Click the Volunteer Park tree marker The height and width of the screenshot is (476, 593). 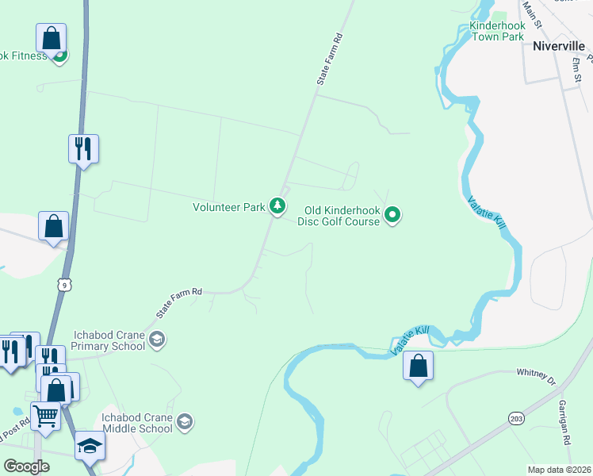(x=277, y=206)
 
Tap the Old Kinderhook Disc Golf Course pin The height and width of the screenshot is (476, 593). (x=392, y=214)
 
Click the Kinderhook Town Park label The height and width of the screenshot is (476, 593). (x=497, y=31)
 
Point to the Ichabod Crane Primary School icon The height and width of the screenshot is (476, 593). (x=157, y=340)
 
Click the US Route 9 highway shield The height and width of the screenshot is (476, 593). (x=65, y=283)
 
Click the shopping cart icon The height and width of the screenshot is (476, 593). (x=45, y=415)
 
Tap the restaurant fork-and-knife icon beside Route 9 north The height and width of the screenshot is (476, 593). (x=83, y=148)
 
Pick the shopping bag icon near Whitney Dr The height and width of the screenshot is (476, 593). (x=418, y=366)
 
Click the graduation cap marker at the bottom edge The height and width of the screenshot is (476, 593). (x=90, y=446)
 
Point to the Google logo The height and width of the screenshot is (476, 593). (x=27, y=466)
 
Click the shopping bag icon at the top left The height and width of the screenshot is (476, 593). (x=51, y=37)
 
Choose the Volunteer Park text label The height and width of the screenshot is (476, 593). (x=229, y=207)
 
